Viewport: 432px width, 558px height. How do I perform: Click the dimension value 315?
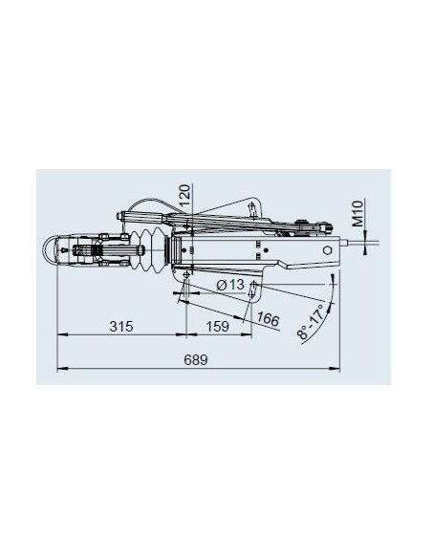coord(119,326)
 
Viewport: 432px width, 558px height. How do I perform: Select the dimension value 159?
coord(219,326)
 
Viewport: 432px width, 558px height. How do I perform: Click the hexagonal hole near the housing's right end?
coord(329,249)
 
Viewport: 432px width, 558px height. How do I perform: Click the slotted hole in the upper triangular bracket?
coord(250,208)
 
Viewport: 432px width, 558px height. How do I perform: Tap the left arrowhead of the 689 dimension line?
coord(61,367)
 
